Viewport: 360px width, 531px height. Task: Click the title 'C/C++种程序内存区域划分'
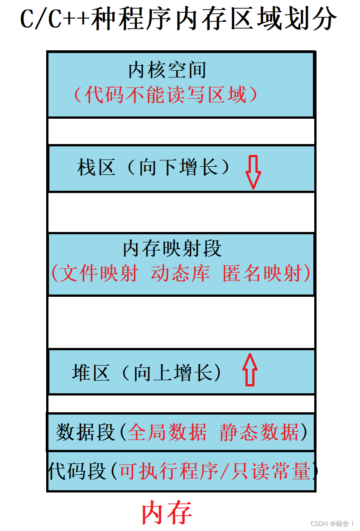tap(179, 19)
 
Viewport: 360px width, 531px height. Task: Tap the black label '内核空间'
tap(168, 70)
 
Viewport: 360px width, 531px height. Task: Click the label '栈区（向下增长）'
tap(154, 168)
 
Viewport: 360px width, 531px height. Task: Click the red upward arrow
tap(250, 370)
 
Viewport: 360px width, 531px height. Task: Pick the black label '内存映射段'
tap(172, 249)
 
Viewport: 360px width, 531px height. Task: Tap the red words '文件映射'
tap(98, 274)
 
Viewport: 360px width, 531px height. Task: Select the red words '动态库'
tap(180, 274)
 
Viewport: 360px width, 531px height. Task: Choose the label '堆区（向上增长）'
tap(147, 373)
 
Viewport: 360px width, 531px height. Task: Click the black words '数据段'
tap(85, 432)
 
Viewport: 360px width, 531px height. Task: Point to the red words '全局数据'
tap(167, 432)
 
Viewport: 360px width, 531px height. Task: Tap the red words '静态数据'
tap(259, 432)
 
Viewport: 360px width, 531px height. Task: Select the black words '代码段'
tap(77, 471)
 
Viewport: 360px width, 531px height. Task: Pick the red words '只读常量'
tap(270, 471)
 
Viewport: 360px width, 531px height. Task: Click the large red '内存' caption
tap(167, 512)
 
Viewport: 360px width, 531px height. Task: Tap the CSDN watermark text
tap(332, 524)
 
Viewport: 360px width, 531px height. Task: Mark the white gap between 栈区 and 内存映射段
tap(181, 212)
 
